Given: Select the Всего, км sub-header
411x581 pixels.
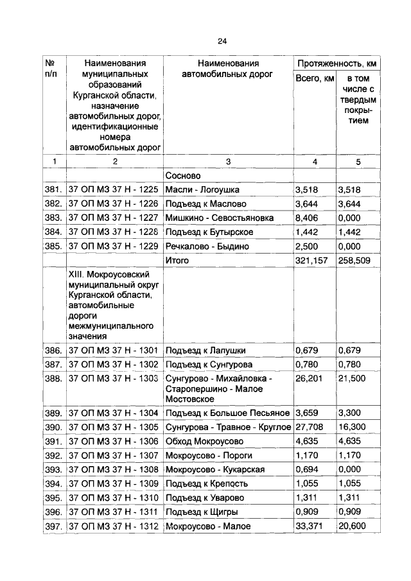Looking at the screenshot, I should click(x=314, y=78).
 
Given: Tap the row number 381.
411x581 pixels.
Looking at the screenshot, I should click(x=53, y=190).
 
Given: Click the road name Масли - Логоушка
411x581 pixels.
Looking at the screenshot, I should click(x=202, y=190).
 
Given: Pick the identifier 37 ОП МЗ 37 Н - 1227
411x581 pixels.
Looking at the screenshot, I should click(x=113, y=218).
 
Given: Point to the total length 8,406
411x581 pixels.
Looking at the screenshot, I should click(x=307, y=218).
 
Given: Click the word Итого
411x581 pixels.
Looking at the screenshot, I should click(x=177, y=261).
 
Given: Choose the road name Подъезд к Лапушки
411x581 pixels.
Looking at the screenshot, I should click(x=205, y=351).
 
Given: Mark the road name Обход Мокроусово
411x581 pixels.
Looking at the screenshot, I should click(x=205, y=441).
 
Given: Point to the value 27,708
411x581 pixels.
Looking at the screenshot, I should click(x=310, y=427).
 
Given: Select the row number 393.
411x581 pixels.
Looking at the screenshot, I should click(x=53, y=469).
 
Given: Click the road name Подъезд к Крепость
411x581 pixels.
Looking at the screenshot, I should click(x=205, y=483).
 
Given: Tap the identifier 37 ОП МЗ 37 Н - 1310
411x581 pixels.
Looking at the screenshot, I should click(x=113, y=498).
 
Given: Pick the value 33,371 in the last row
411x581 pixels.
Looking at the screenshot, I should click(x=310, y=526).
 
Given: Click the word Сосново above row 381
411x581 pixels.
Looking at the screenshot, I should click(x=183, y=175).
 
